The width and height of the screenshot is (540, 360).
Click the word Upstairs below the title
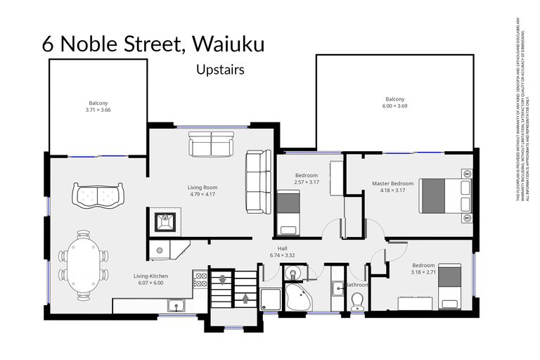[x=221, y=70]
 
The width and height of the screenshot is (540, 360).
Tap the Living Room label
[x=202, y=188]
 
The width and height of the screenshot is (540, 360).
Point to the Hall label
[x=283, y=248]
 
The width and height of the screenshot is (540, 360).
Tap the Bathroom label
[x=357, y=285]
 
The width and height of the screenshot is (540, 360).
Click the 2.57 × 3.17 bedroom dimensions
[x=307, y=182]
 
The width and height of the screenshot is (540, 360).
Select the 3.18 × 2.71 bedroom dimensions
[x=423, y=271]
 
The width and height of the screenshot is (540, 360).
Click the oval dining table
[x=83, y=266]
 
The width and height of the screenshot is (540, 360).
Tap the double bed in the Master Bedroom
[x=444, y=195]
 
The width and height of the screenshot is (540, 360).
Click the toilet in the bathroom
[x=357, y=301]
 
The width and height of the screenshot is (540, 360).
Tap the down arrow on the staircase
[x=223, y=280]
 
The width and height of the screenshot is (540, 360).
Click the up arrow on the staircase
[x=245, y=297]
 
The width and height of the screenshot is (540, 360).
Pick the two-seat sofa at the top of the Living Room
[x=208, y=147]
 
